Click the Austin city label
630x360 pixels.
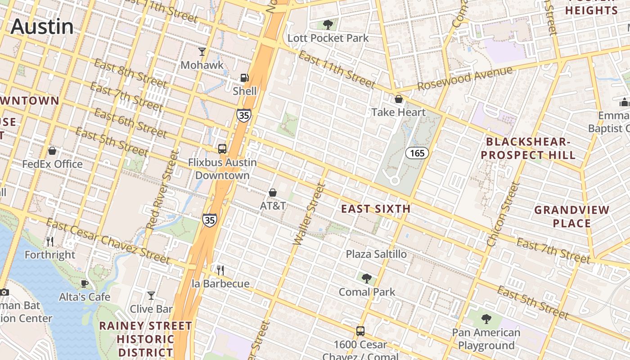[42, 26]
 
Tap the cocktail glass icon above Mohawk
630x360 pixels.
[202, 52]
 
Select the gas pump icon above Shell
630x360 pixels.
[244, 78]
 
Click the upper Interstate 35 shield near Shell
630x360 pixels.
[243, 115]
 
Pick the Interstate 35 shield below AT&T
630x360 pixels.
[209, 220]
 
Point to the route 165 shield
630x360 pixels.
[417, 153]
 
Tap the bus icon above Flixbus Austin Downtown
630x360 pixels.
[222, 148]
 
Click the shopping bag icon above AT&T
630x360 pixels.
[273, 193]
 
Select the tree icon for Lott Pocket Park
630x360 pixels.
[328, 24]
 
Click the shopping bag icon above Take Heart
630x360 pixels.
[398, 99]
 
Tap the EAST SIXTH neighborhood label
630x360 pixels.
[375, 209]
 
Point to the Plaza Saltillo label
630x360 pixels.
[376, 254]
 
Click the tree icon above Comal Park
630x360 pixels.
[367, 279]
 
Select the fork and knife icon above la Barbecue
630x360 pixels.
[220, 270]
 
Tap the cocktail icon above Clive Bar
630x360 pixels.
[151, 296]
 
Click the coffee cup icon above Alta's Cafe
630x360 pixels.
[84, 283]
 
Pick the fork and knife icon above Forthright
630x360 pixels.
[50, 242]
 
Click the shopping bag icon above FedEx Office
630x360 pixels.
[52, 151]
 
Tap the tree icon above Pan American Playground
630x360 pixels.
[486, 319]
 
